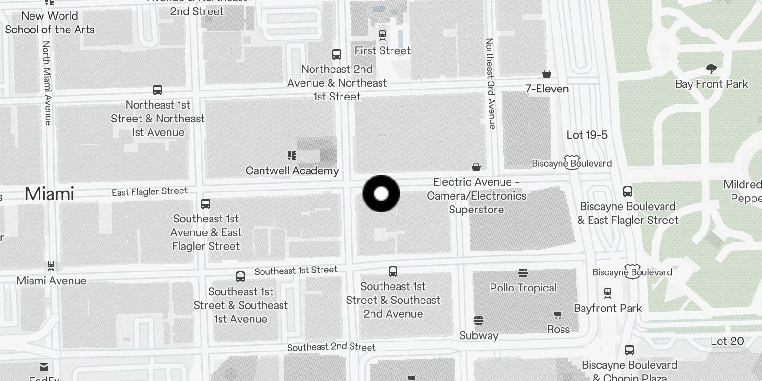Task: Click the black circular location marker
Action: click(381, 193)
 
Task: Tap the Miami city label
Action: click(50, 194)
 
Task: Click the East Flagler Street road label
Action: click(150, 191)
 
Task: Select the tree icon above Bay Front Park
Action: click(712, 69)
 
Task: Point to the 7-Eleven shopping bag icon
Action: click(547, 74)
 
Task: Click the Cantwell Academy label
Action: click(292, 170)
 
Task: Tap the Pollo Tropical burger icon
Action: click(523, 273)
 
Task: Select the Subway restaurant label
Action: click(479, 335)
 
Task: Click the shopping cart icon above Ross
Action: click(558, 314)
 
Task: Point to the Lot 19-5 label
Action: click(587, 135)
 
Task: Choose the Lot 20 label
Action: click(727, 341)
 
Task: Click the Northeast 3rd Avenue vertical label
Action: click(490, 84)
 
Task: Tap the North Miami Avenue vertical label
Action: click(47, 83)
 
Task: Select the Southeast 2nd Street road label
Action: click(331, 347)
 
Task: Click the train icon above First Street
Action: click(382, 35)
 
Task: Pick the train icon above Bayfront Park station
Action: click(608, 292)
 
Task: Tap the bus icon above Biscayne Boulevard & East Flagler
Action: click(628, 191)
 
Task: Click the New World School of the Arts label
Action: click(50, 22)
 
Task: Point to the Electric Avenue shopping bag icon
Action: click(476, 167)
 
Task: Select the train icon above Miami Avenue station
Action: click(51, 265)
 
